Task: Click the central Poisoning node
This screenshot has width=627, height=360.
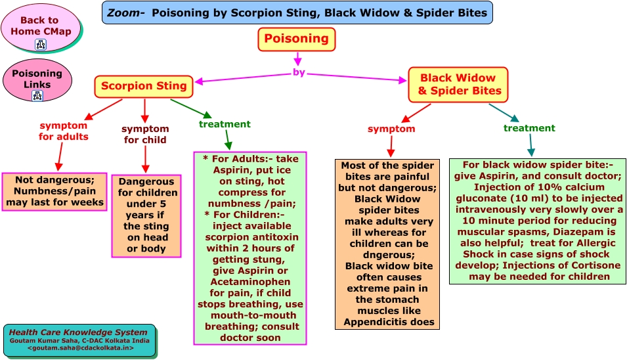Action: click(x=296, y=39)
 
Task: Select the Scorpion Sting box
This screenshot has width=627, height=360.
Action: click(x=144, y=85)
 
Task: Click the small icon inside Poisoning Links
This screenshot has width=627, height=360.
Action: click(x=37, y=95)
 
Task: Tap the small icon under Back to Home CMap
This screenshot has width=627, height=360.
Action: click(x=41, y=45)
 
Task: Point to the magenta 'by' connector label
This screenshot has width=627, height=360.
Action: click(x=299, y=73)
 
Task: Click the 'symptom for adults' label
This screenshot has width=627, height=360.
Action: click(x=64, y=131)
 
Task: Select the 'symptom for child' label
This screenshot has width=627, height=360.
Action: click(x=145, y=134)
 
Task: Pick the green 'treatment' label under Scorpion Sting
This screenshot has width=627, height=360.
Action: click(x=225, y=124)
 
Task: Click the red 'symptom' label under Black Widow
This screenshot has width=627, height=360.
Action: click(x=391, y=129)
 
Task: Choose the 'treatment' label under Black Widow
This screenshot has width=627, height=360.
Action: click(x=529, y=128)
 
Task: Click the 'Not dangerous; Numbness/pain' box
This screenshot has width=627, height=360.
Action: click(x=54, y=191)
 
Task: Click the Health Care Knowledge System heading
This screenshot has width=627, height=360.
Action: click(x=78, y=332)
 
